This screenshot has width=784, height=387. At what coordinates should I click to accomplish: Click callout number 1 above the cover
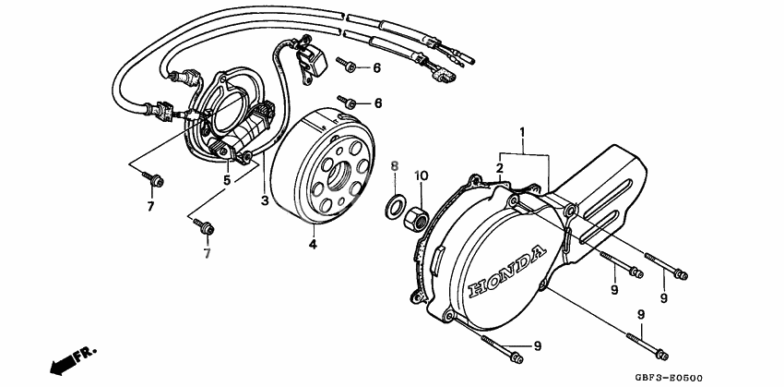[523, 133]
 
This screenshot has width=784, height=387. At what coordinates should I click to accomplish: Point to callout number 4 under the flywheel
[312, 245]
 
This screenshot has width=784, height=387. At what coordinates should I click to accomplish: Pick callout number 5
[227, 180]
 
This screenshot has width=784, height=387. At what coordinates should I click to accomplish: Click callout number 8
[393, 166]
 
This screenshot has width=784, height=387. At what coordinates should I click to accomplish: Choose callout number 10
[420, 175]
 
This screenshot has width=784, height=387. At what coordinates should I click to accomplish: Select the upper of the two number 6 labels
[376, 68]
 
